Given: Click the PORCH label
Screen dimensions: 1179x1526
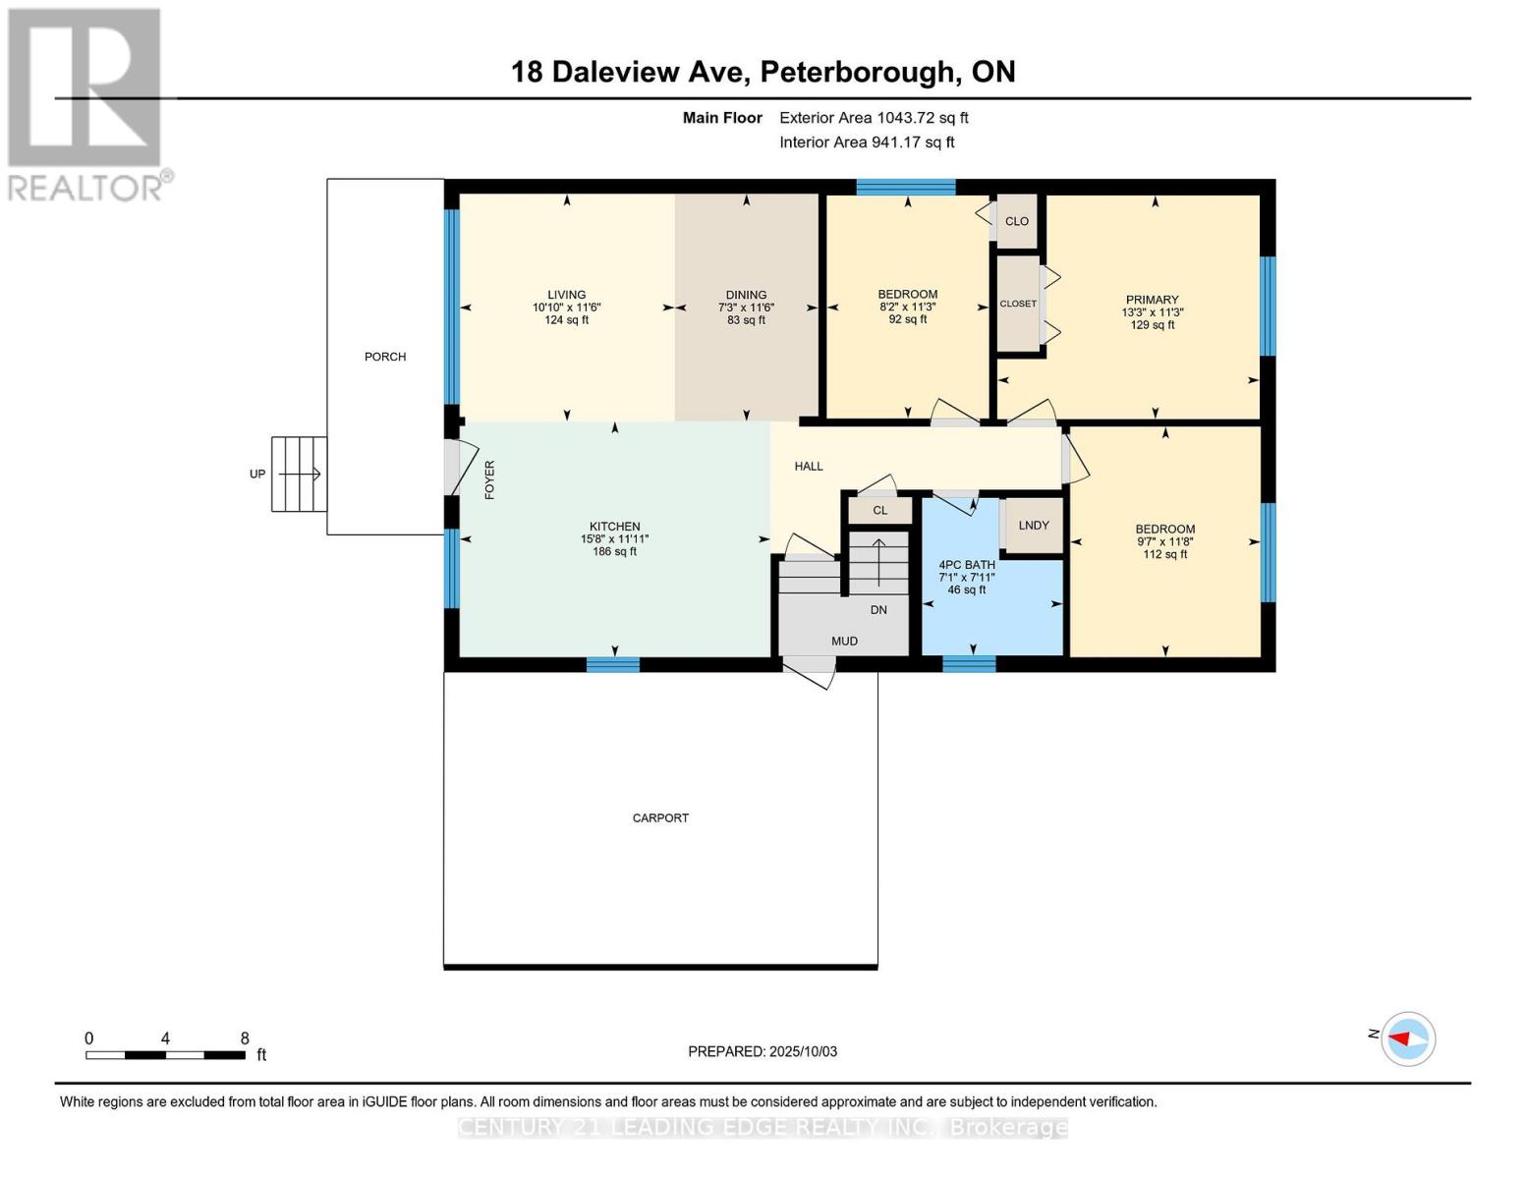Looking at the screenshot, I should point(384,357).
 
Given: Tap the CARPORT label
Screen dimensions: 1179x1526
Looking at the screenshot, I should point(660,817).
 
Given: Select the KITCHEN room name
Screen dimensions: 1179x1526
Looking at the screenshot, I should point(614,527).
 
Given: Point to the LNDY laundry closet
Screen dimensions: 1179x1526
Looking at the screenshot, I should point(1034,526).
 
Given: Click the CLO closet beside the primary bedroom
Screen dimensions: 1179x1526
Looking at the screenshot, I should point(1017,221).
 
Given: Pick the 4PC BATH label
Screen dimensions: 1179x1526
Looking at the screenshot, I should point(967,565).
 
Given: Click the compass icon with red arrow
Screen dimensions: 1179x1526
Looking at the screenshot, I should point(1408,1039).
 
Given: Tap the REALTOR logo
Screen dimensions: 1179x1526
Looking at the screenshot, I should point(85,103).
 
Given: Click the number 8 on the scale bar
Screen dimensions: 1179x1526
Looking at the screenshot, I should point(245,1039).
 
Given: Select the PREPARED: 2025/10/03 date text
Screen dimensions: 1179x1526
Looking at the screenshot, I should point(763,1051).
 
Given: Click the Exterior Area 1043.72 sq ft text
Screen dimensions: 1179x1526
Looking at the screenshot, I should point(874,118).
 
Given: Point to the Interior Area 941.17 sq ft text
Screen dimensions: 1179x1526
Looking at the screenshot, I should point(867,142).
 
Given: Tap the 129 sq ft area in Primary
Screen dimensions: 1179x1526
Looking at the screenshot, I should point(1152,325).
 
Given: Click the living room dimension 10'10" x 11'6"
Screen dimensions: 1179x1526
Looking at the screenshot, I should point(566,308).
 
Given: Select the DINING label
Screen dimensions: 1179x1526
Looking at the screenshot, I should point(746,295).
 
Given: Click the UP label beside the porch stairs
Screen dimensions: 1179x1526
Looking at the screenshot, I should point(257,474).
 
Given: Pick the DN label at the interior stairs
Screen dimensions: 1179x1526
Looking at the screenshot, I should point(878,610).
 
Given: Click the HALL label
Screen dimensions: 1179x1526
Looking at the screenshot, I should point(809,467).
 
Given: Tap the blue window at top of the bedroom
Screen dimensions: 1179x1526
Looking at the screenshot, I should point(905,187).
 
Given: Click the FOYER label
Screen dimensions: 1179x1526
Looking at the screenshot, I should point(489,479).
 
